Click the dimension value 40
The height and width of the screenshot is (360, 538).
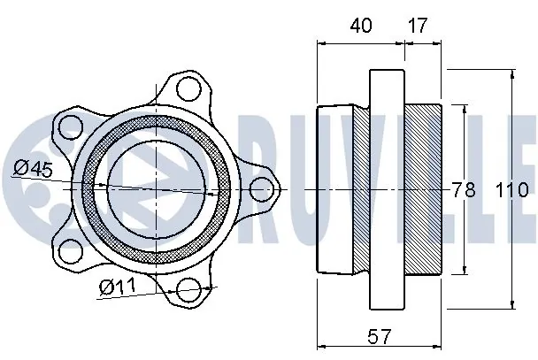tap(361, 26)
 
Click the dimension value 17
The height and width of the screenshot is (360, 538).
tap(418, 26)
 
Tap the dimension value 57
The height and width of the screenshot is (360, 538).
tap(379, 336)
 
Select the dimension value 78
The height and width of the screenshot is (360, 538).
tap(464, 189)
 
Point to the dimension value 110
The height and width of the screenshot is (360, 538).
tap(512, 189)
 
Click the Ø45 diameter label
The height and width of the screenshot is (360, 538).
tap(34, 169)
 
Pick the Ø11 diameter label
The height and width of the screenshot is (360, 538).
tap(118, 287)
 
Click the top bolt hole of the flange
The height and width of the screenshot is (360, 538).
tap(188, 88)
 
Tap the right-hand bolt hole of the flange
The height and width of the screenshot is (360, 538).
tap(261, 189)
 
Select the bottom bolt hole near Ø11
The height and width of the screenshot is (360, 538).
tap(188, 290)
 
